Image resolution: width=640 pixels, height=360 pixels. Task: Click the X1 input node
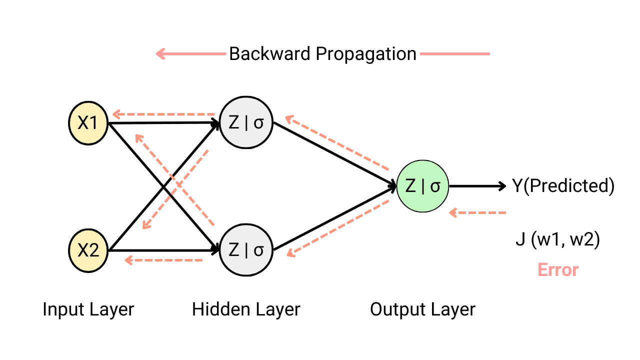pos(88,123)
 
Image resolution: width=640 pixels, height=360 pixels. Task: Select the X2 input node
pos(88,250)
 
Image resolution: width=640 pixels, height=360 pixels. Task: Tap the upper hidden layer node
pos(246,123)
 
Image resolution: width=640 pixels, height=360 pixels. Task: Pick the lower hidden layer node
pos(246,250)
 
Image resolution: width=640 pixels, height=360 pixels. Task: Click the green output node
pos(422,186)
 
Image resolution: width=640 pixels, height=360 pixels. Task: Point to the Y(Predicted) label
pos(563,186)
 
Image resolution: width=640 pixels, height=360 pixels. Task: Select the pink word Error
pos(558,270)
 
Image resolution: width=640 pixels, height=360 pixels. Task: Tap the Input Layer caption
pos(88,309)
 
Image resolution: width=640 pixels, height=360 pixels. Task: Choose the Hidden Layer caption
pos(246,309)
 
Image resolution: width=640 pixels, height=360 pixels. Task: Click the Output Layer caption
pos(422,309)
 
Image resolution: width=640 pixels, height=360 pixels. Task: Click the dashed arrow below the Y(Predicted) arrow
pos(477,213)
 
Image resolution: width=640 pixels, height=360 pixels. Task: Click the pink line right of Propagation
pos(454,54)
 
